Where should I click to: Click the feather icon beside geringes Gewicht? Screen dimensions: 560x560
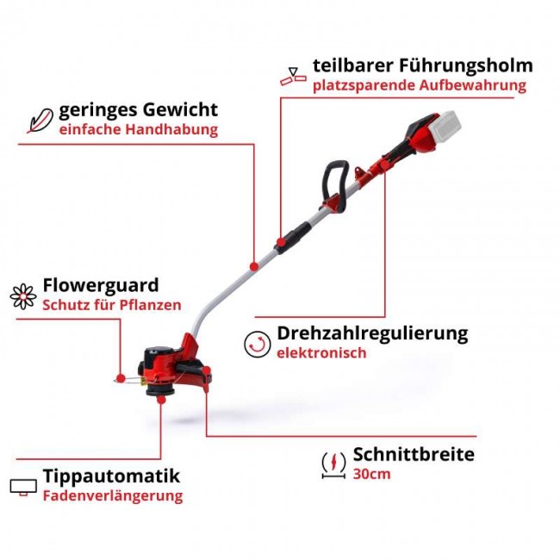coord(40,121)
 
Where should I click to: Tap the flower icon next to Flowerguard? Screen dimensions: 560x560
coord(23,296)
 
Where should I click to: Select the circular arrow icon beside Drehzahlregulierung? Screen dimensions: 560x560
coord(257,345)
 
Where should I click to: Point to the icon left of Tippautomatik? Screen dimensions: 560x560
coord(23,487)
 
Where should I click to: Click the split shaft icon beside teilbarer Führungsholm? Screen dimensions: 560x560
coord(293,77)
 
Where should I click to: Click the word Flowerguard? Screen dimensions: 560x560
coord(101,285)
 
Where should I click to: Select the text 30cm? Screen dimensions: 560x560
coord(371,475)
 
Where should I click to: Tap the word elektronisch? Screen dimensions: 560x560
coord(321,353)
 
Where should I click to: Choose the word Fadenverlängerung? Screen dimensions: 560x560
coord(113,496)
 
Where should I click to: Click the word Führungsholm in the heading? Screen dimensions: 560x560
coord(466,65)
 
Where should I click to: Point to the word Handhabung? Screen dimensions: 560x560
coord(171,129)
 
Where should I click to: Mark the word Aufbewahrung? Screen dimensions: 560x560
coord(473,85)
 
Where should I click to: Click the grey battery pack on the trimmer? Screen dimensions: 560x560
coord(446,127)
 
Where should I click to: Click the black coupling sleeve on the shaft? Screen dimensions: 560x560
coord(293,238)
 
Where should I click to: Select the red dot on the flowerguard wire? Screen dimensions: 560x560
coord(121,378)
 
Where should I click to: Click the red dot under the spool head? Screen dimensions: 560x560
coord(161,399)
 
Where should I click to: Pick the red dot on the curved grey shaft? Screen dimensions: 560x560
coord(254,266)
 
